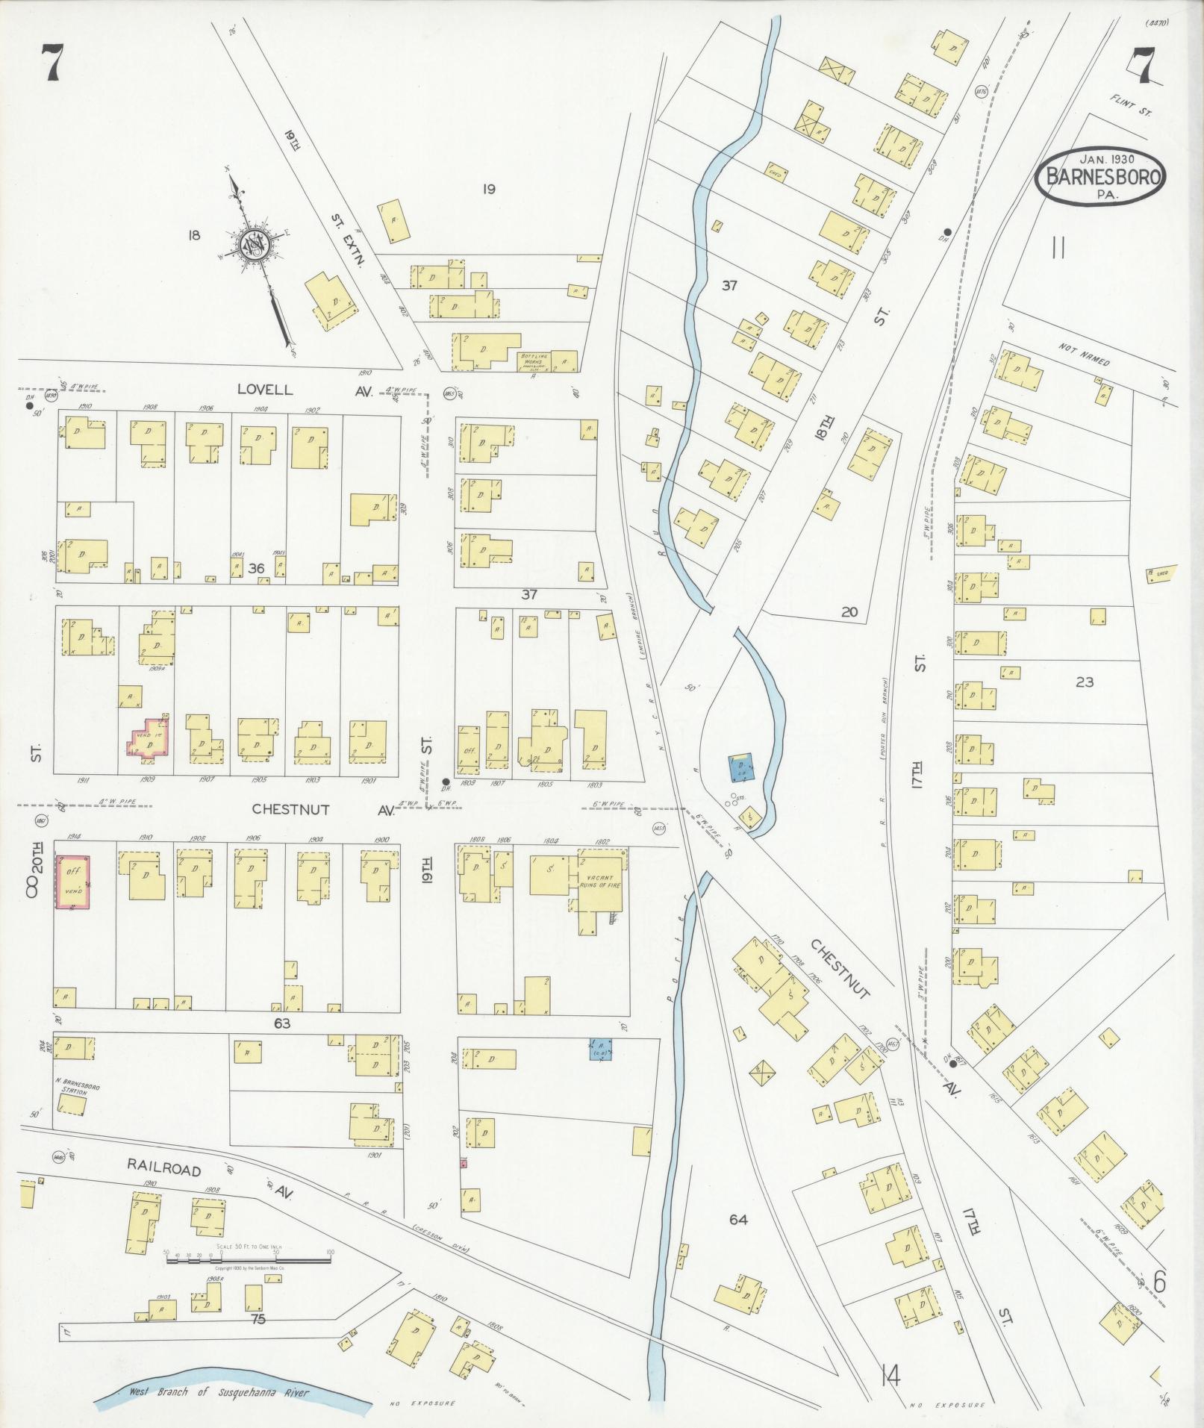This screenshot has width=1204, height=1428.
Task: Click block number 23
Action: pyautogui.click(x=1084, y=682)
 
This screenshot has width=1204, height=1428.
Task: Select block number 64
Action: pyautogui.click(x=737, y=1220)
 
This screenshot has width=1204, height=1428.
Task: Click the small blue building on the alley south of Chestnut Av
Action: pyautogui.click(x=601, y=1049)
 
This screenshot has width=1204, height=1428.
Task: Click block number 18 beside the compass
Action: pyautogui.click(x=194, y=236)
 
